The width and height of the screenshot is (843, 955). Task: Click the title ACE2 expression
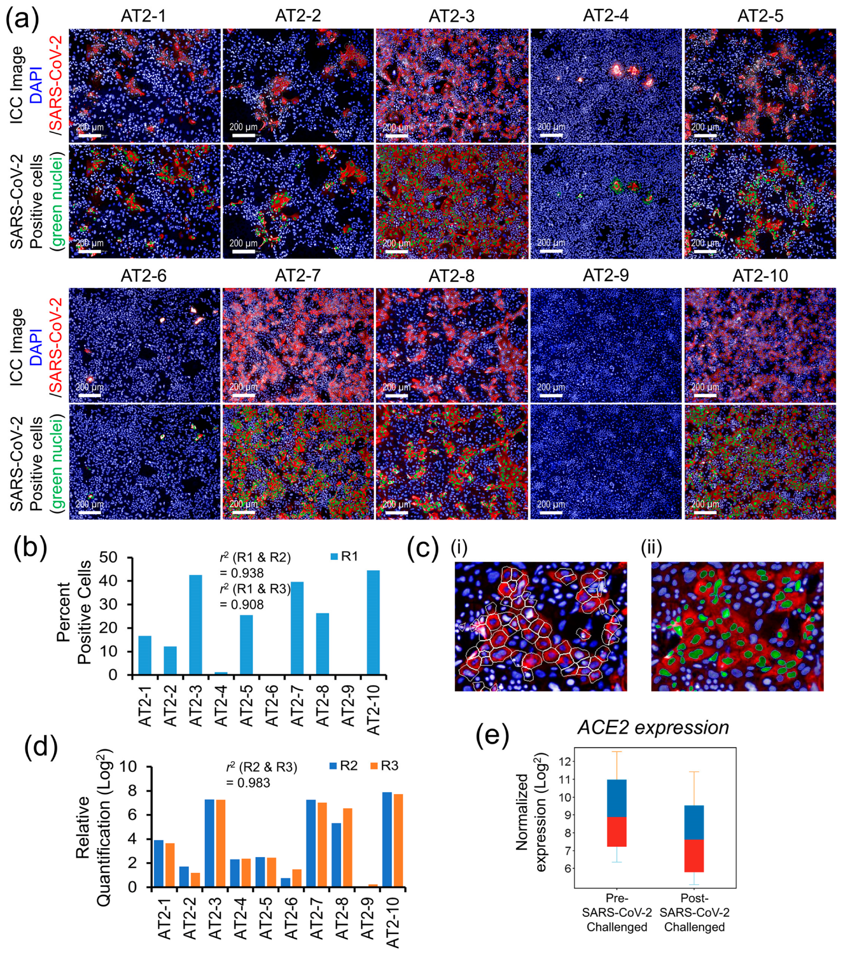653,728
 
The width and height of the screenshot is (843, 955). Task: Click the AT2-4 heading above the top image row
605,16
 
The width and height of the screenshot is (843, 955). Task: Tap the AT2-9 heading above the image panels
605,275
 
